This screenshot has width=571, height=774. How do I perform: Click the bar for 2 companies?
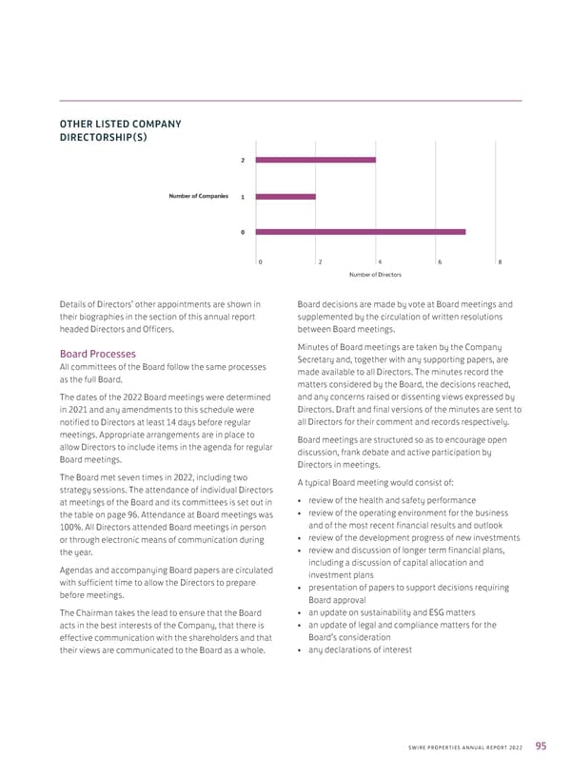pyautogui.click(x=317, y=160)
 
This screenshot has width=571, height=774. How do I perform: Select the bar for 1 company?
pyautogui.click(x=272, y=196)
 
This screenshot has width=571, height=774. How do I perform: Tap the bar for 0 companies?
pyautogui.click(x=362, y=231)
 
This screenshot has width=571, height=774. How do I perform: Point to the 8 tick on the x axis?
pyautogui.click(x=500, y=261)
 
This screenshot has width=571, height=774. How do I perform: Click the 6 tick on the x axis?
pyautogui.click(x=440, y=261)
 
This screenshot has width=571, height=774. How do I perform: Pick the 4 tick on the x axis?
pyautogui.click(x=380, y=261)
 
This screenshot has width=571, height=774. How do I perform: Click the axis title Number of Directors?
pyautogui.click(x=374, y=275)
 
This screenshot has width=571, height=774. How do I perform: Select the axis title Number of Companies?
pyautogui.click(x=199, y=196)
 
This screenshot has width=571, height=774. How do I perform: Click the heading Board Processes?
pyautogui.click(x=97, y=354)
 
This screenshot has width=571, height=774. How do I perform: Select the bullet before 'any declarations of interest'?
pyautogui.click(x=301, y=650)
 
